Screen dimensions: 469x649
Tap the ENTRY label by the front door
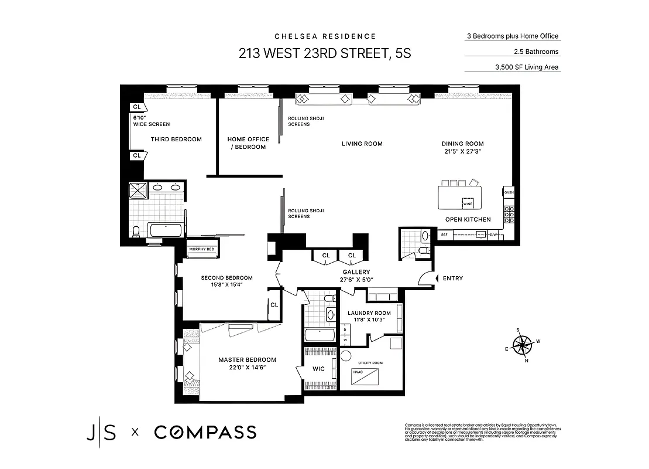tap(452, 278)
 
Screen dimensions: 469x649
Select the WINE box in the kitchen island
tap(468, 203)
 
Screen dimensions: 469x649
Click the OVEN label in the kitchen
tap(509, 192)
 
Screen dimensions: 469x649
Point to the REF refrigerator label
tap(444, 235)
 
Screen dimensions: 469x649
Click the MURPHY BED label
tap(201, 249)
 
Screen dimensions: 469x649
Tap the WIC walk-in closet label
tap(318, 369)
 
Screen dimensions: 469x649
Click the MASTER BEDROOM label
tap(247, 360)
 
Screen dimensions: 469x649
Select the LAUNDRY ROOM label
tap(369, 313)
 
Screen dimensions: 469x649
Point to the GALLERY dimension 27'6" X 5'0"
tap(356, 280)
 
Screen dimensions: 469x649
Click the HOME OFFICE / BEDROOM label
tap(248, 143)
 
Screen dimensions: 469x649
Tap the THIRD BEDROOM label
tap(176, 139)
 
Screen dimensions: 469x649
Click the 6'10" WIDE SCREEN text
tap(151, 121)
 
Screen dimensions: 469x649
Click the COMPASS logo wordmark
tap(205, 433)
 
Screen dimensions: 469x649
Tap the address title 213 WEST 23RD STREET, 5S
tap(325, 54)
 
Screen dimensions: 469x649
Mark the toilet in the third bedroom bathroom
tap(136, 232)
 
